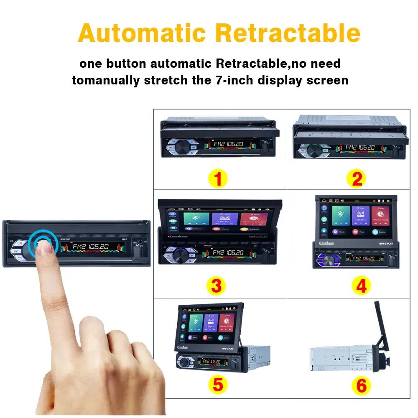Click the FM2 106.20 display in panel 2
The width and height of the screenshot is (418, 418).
pyautogui.click(x=359, y=148)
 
